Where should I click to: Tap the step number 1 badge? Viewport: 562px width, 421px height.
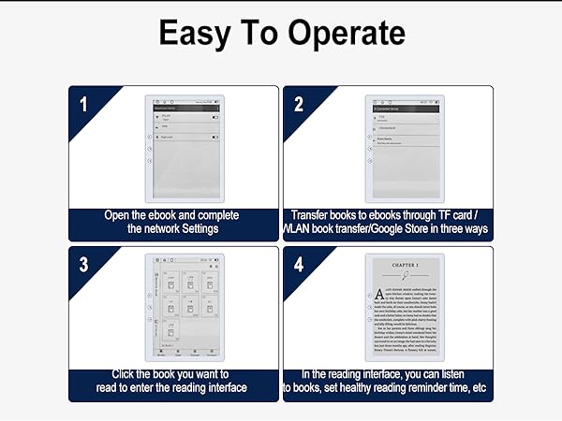[83, 104]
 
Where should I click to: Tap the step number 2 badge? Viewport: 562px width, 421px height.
[299, 104]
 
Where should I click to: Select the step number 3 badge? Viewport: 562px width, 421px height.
[83, 265]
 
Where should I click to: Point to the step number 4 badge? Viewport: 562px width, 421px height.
[299, 265]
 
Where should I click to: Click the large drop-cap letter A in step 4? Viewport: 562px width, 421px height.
[377, 293]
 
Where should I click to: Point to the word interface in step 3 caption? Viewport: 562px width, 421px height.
[219, 387]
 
